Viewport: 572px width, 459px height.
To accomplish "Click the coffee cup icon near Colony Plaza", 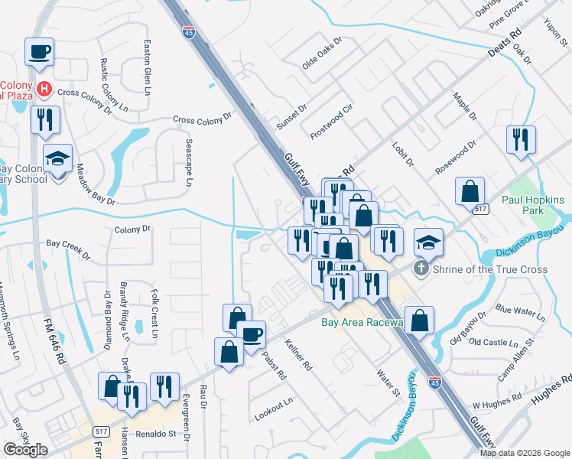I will pyautogui.click(x=38, y=52).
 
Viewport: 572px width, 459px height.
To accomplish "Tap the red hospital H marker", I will pyautogui.click(x=44, y=90).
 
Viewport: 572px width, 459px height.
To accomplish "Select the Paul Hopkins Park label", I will pyautogui.click(x=533, y=205).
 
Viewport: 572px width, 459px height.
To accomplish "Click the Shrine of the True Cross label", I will pyautogui.click(x=489, y=269).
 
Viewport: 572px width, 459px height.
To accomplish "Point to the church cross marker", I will pyautogui.click(x=420, y=269).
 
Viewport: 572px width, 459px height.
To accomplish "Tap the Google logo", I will pyautogui.click(x=25, y=450).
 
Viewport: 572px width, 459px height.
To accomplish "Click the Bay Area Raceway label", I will pyautogui.click(x=362, y=323).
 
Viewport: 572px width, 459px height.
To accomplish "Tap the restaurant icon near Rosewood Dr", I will pyautogui.click(x=521, y=140).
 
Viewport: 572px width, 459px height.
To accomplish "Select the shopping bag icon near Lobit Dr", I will pyautogui.click(x=470, y=191).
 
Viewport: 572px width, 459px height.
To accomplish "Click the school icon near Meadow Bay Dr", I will pyautogui.click(x=57, y=158).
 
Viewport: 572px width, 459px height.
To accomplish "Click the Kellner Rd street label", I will pyautogui.click(x=299, y=356).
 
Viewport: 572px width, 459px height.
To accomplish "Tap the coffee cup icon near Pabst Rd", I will pyautogui.click(x=251, y=334).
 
